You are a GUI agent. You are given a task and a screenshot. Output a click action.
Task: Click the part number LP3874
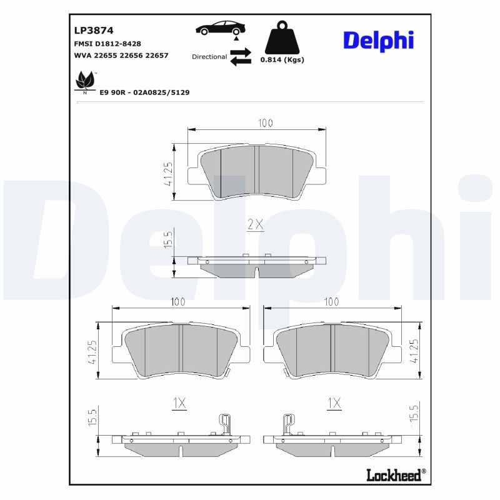click(x=94, y=31)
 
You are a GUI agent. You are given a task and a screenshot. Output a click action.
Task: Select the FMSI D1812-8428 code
click(x=107, y=44)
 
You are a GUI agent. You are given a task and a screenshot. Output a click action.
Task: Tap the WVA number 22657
click(x=157, y=55)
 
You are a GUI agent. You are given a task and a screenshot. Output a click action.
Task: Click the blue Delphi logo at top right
click(x=379, y=41)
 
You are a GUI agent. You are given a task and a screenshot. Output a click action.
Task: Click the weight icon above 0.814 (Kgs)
click(x=282, y=37)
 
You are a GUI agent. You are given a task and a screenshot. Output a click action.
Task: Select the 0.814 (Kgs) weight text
click(x=282, y=59)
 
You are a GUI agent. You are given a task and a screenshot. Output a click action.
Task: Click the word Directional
click(x=209, y=57)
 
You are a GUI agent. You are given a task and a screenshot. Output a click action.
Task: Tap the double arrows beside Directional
click(x=241, y=57)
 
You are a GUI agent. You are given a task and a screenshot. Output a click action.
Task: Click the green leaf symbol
click(x=85, y=81)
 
